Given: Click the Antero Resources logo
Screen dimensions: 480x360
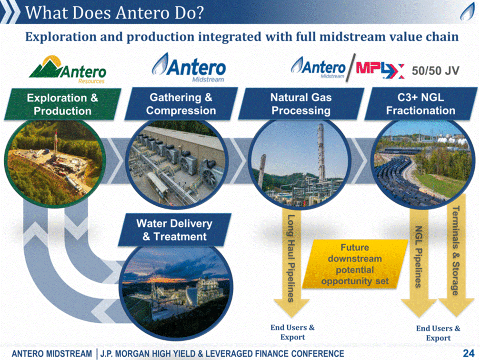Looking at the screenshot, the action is coord(67,70).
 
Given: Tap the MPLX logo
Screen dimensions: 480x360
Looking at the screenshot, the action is coord(380,70).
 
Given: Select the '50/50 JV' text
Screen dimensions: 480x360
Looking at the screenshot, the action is coord(435,70).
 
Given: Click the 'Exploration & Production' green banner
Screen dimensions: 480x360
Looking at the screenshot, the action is coord(62,104).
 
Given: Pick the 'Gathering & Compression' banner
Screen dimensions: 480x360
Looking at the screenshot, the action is coord(181,104).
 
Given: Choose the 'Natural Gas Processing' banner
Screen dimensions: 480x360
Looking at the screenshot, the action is coord(301,104).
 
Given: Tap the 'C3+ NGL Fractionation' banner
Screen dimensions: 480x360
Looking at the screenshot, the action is coord(420,104).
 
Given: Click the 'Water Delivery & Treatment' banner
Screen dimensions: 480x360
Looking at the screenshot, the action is coord(174,230).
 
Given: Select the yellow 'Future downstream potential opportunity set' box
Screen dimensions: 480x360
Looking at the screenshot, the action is coord(355,264).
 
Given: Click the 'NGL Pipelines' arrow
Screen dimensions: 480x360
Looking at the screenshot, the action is coord(419,262).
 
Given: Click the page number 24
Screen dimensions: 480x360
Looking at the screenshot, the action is coord(469,353).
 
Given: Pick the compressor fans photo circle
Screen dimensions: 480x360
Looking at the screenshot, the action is coord(177,164).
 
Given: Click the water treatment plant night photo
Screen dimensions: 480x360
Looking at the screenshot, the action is coord(177,292).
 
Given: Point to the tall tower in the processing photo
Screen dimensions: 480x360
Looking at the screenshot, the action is coord(320,152).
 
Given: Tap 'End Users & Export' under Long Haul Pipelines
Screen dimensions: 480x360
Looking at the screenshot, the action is coord(292,332).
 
